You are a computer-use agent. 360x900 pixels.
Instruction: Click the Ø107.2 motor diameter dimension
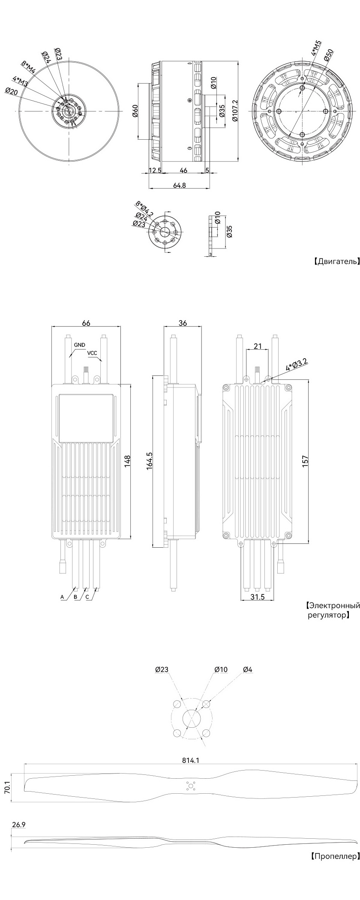(x=234, y=111)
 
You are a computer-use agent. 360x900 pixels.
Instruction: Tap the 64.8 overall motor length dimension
(x=179, y=185)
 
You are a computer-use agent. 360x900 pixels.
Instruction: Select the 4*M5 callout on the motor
(x=316, y=48)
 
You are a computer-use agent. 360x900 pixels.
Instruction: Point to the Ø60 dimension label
(x=135, y=111)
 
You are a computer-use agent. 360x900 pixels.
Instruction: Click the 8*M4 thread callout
(x=29, y=69)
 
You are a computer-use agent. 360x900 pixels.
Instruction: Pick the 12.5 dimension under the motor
(x=154, y=170)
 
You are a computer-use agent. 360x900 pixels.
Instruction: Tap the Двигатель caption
(x=336, y=261)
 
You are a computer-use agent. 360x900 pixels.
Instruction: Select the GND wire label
(x=79, y=345)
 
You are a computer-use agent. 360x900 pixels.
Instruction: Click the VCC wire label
(x=93, y=353)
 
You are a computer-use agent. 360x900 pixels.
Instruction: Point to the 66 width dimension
(x=86, y=323)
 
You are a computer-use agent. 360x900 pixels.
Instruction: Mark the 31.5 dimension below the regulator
(x=257, y=597)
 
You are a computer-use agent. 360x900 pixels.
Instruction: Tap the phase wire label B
(x=75, y=597)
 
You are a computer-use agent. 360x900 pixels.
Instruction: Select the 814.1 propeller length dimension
(x=191, y=760)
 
